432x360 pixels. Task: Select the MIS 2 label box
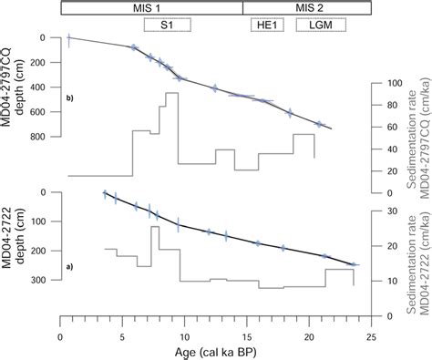306,7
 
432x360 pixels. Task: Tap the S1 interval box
168,26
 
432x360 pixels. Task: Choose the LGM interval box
320,26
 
